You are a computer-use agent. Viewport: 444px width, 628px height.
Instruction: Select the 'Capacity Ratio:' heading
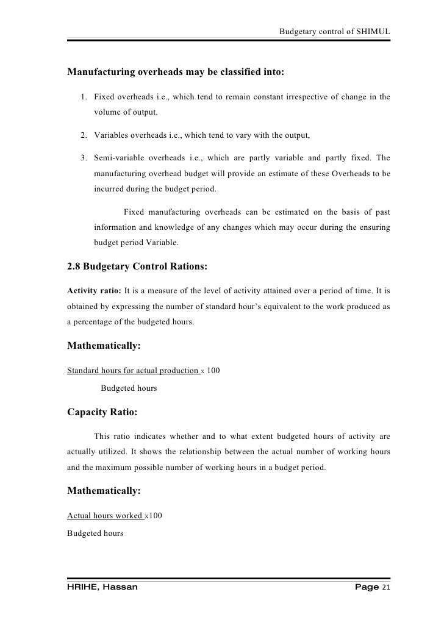tap(102, 412)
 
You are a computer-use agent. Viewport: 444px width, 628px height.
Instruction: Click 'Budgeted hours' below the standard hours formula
tap(128, 388)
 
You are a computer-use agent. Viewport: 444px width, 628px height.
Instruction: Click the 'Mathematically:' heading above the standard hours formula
tap(104, 346)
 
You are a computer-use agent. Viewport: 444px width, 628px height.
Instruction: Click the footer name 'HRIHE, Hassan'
tap(102, 587)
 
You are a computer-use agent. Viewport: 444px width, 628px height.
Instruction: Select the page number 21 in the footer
tap(384, 587)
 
